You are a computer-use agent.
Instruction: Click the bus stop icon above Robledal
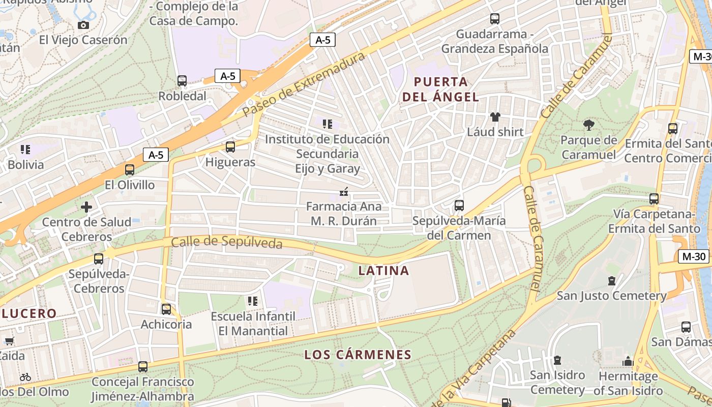(x=182, y=80)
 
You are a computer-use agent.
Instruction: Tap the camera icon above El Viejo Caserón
(x=83, y=25)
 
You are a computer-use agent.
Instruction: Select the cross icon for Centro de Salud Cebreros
(x=86, y=207)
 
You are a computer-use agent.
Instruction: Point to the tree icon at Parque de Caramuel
(x=589, y=125)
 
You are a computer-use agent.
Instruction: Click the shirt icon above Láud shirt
(x=495, y=117)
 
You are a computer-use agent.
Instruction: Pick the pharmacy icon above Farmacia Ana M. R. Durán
(x=344, y=192)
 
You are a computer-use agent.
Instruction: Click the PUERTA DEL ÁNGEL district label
(x=440, y=89)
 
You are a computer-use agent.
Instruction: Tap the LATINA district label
(x=383, y=271)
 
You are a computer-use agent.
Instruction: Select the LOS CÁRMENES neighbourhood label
(x=358, y=355)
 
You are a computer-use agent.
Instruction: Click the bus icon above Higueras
(x=230, y=147)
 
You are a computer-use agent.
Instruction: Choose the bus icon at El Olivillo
(x=130, y=170)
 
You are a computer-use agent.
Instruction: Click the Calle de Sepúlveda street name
(x=226, y=243)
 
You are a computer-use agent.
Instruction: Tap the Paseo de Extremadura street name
(x=304, y=84)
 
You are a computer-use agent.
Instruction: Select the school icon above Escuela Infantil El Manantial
(x=253, y=301)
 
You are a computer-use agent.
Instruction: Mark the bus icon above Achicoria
(x=166, y=309)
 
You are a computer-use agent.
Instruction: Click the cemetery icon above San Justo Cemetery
(x=611, y=281)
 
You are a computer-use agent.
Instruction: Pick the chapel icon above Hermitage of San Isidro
(x=628, y=361)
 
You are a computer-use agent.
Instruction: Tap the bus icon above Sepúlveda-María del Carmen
(x=459, y=206)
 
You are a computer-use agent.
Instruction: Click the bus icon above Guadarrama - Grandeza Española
(x=495, y=19)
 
